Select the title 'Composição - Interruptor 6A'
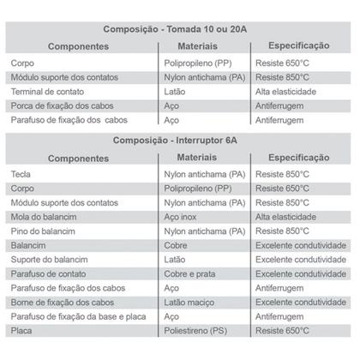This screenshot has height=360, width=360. pos(179,141)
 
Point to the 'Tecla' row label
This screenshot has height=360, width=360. pos(22,174)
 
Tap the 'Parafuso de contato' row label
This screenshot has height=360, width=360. pos(48,274)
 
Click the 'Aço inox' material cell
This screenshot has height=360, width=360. pos(181,217)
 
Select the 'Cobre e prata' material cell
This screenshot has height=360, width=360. pos(189,274)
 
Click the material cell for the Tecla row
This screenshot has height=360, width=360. pos(203,174)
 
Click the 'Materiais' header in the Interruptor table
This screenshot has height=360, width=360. pos(201,158)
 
